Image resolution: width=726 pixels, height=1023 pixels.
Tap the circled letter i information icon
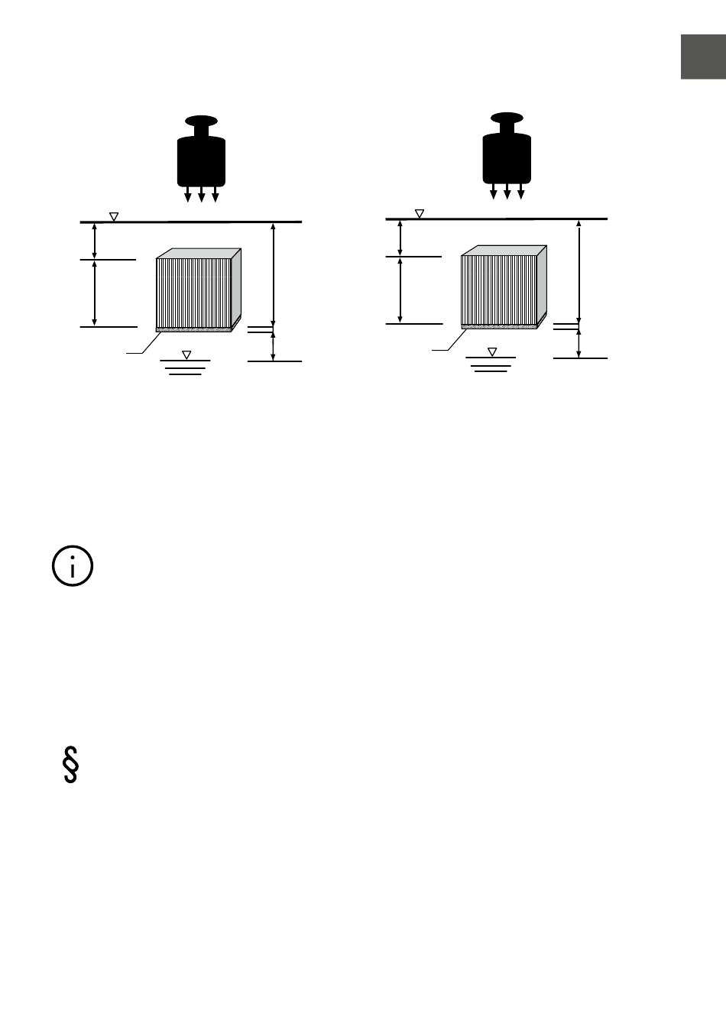pos(73,567)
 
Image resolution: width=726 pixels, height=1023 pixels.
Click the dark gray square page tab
pos(703,57)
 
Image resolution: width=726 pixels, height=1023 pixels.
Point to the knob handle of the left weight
pos(201,121)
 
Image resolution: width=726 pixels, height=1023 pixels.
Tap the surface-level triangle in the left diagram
pos(114,217)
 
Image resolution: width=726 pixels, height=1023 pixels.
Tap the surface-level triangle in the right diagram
pos(419,214)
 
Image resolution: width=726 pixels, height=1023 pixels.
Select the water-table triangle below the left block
pos(186,355)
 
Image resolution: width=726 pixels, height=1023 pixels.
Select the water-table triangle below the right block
pos(492,352)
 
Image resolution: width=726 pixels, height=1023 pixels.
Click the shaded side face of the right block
pos(541,284)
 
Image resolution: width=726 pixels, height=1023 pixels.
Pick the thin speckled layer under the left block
pos(193,330)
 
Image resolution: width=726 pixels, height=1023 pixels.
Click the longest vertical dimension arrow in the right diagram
pos(579,270)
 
